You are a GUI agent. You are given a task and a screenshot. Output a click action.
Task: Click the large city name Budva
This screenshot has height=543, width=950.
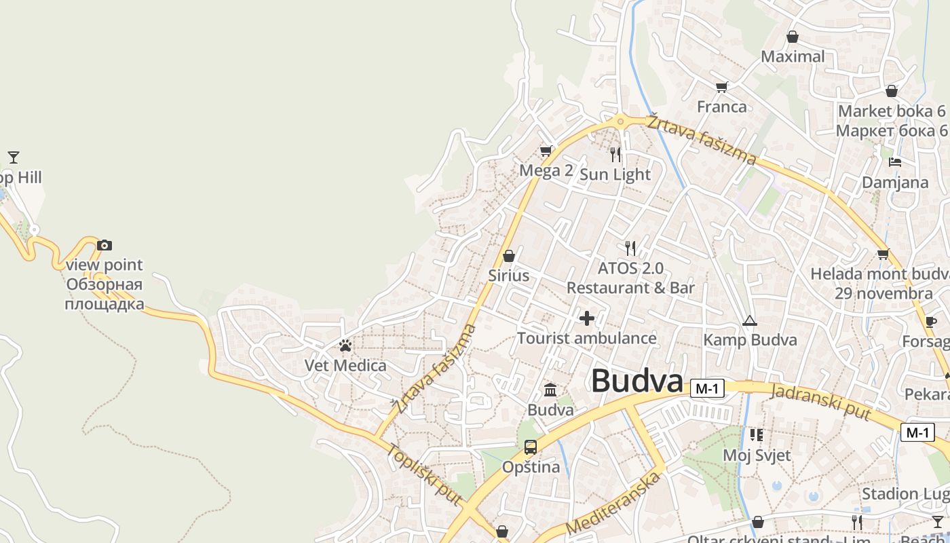(636, 381)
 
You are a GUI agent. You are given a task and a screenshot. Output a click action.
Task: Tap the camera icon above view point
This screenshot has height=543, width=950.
(104, 245)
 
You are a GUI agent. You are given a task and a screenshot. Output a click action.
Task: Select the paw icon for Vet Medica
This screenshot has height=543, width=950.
(345, 346)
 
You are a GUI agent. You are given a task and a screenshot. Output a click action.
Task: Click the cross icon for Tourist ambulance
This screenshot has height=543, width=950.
(587, 318)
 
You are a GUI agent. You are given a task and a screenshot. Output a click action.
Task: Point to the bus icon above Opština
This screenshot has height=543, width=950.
(531, 447)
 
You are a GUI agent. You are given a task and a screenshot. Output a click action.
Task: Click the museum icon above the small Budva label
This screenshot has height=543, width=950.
(550, 390)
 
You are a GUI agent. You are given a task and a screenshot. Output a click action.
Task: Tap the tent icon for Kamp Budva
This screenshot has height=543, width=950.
(749, 320)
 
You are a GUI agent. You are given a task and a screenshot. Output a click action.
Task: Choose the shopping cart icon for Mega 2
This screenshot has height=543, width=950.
(546, 151)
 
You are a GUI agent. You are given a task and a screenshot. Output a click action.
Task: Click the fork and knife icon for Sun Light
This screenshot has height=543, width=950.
(615, 155)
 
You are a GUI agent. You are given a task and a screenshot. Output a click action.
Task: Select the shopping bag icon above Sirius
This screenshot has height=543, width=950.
(509, 256)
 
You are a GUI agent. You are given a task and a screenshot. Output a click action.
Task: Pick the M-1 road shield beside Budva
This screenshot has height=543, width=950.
(707, 388)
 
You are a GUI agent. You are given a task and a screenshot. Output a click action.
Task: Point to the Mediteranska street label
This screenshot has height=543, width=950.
(613, 503)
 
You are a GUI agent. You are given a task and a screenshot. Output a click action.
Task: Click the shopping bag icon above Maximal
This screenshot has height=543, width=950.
(792, 37)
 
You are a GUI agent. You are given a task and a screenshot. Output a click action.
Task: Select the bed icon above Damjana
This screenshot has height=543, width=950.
(895, 162)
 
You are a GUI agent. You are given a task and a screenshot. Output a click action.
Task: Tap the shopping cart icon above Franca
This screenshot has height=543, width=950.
(721, 87)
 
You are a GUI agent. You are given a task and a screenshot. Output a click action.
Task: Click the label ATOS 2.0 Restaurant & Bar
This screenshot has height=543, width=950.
(630, 278)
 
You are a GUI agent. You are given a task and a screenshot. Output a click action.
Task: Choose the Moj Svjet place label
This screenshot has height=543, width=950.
(757, 455)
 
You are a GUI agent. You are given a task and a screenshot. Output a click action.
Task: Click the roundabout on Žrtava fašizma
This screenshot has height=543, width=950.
(620, 121)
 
